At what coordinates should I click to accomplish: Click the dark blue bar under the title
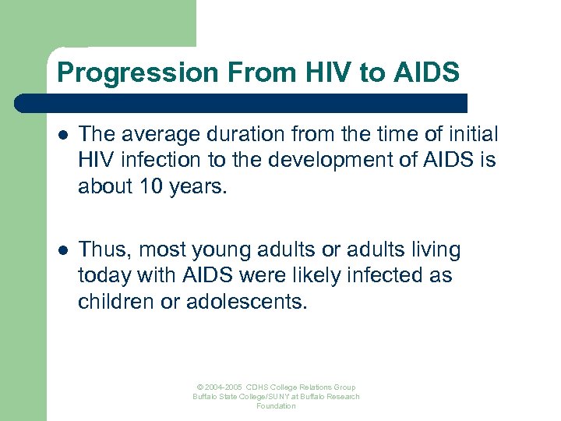[242, 103]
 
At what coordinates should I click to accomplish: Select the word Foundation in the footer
[277, 406]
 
